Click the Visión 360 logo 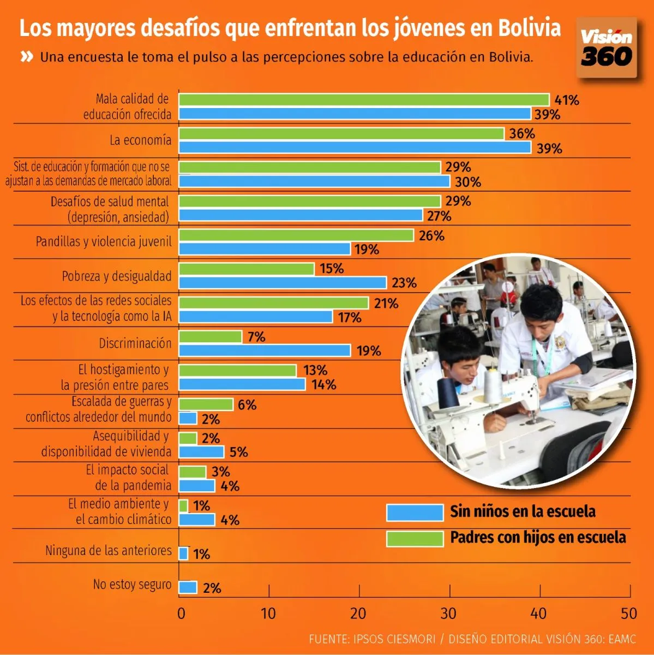[x=607, y=48]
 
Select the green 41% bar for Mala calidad [x=364, y=100]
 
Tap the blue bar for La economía [x=355, y=148]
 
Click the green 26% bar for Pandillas [x=296, y=235]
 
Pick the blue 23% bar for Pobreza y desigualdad [x=283, y=283]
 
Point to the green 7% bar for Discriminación [x=210, y=337]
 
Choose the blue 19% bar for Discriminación [x=265, y=350]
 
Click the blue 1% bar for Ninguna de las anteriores [x=183, y=554]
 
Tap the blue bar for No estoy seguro [x=188, y=587]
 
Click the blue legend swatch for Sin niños [x=415, y=513]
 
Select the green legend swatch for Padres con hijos [x=415, y=539]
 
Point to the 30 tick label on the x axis [x=448, y=614]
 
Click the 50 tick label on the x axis [x=628, y=614]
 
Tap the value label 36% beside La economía [x=522, y=134]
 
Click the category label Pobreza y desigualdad [x=117, y=276]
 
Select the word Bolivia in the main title [x=529, y=27]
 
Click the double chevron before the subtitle [x=27, y=57]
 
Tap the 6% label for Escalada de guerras [x=247, y=405]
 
